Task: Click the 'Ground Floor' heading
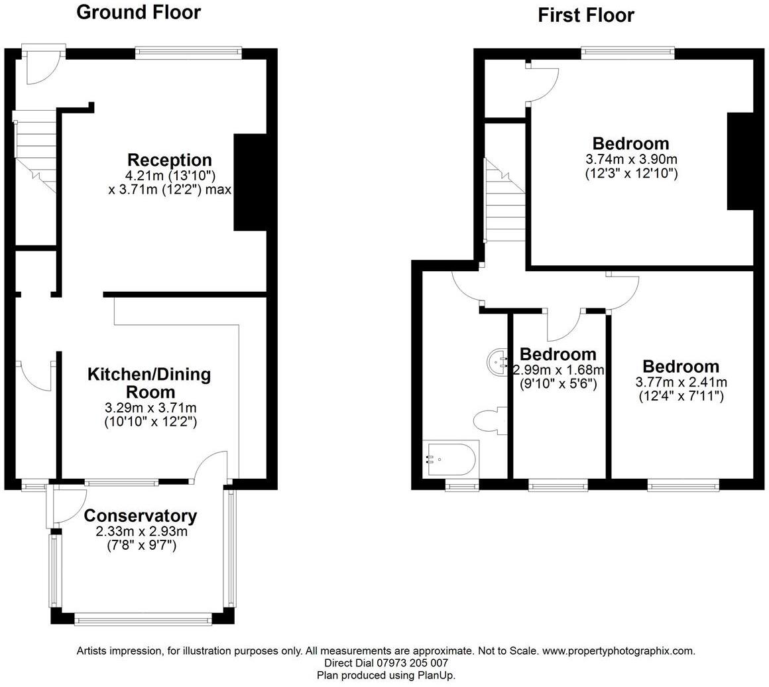click(x=138, y=12)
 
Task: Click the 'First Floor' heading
click(x=585, y=15)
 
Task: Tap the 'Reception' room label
click(x=169, y=160)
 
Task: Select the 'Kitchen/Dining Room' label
click(x=149, y=383)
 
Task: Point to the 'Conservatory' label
click(x=140, y=515)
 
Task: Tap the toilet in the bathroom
click(x=490, y=421)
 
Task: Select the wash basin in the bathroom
click(x=497, y=361)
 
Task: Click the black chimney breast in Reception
click(x=249, y=182)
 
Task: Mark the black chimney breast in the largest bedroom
click(x=740, y=161)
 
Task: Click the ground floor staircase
click(x=34, y=153)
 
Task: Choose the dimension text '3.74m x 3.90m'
click(x=631, y=159)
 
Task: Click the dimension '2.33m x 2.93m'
click(x=141, y=532)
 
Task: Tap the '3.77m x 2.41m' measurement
click(x=681, y=382)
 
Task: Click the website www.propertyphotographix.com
click(x=619, y=651)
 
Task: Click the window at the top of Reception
click(x=188, y=52)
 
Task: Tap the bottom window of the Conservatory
click(x=143, y=620)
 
